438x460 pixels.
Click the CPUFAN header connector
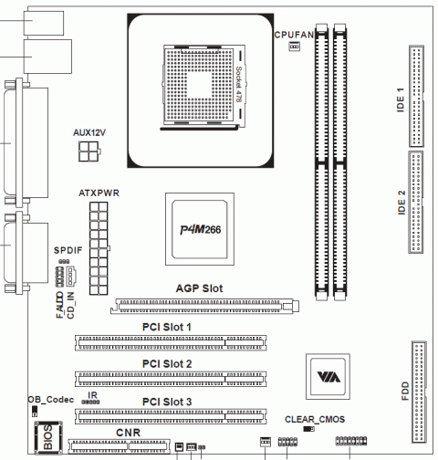(x=294, y=47)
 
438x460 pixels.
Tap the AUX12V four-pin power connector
(x=89, y=152)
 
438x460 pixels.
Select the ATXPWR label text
(x=99, y=193)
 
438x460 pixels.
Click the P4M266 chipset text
(x=201, y=230)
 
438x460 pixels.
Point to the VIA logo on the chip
(x=328, y=377)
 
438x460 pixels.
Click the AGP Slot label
(x=199, y=288)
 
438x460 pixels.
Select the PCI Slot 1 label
(x=167, y=327)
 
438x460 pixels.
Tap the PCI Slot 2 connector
(x=171, y=379)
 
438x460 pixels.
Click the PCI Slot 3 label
(x=167, y=402)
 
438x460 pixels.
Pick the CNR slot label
(x=128, y=433)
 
